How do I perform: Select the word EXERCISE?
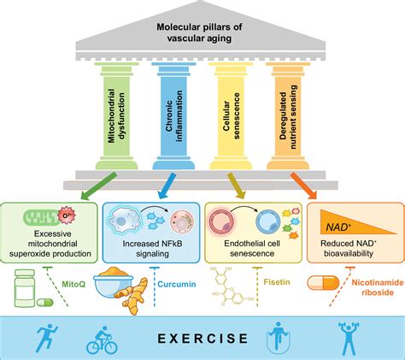[x=202, y=339]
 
